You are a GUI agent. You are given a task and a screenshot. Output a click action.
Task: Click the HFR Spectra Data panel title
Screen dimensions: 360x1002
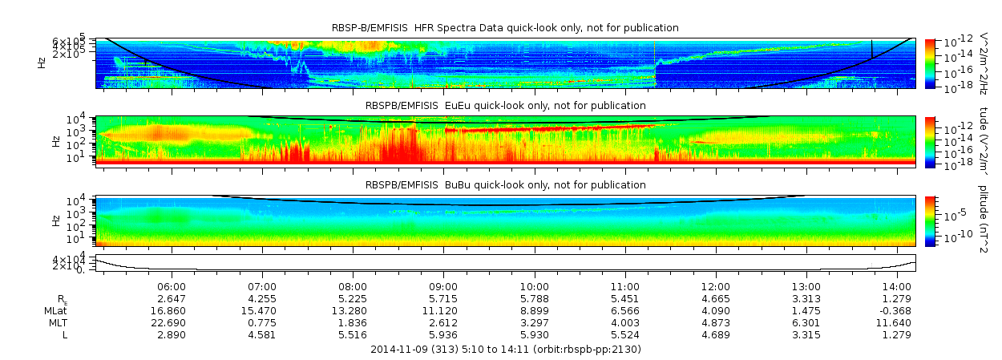(x=505, y=28)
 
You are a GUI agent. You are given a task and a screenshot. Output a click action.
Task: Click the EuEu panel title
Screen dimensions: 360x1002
(x=505, y=105)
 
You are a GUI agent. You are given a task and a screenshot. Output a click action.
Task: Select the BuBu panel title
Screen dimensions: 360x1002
(x=505, y=185)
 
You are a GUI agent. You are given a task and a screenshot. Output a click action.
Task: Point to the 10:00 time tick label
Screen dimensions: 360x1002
(x=534, y=286)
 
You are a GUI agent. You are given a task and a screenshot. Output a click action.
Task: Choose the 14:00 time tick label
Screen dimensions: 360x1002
(x=896, y=286)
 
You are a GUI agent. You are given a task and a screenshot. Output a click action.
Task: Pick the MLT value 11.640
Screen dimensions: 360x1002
(x=896, y=322)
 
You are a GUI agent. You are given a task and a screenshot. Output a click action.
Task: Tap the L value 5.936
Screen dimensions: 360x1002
(x=443, y=334)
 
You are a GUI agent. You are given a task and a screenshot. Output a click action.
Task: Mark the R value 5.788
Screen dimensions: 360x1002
(x=534, y=298)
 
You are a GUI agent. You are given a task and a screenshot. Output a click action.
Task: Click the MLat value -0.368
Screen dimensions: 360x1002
(x=896, y=310)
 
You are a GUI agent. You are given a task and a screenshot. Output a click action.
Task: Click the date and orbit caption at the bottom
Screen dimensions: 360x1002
(x=506, y=350)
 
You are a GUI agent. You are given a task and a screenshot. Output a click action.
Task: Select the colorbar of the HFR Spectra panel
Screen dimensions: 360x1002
(x=930, y=63)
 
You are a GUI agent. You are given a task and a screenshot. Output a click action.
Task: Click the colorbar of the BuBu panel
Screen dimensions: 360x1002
(x=930, y=220)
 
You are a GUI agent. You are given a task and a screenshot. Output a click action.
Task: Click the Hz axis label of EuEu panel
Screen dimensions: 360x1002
(x=55, y=141)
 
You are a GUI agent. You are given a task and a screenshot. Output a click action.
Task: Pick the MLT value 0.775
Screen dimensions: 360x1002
(x=262, y=322)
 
